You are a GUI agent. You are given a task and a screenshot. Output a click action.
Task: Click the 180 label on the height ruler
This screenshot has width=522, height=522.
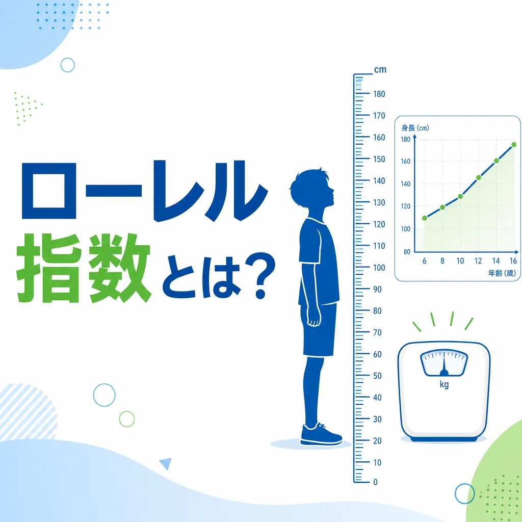click(379, 94)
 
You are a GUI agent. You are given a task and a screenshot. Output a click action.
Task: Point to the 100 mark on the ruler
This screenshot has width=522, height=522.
click(379, 268)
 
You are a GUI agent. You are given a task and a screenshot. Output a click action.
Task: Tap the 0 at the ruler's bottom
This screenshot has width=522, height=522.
click(376, 482)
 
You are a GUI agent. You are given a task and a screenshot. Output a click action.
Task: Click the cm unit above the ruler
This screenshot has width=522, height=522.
click(380, 70)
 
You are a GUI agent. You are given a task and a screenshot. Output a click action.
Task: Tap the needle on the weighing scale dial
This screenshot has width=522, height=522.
click(443, 366)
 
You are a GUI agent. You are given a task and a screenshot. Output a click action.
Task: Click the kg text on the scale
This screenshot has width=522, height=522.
click(443, 385)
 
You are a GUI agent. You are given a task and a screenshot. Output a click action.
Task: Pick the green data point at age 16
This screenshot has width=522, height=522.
click(514, 145)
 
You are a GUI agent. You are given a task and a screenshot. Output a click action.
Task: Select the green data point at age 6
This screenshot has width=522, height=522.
click(425, 218)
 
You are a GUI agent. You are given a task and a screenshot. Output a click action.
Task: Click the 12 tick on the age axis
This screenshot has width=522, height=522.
click(478, 261)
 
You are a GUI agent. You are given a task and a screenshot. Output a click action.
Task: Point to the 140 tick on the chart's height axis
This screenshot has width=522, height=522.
click(406, 184)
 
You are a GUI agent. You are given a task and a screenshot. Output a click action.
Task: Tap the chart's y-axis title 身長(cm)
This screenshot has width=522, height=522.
click(415, 128)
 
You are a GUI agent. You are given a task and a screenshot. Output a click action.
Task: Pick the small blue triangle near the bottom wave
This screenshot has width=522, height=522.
click(165, 463)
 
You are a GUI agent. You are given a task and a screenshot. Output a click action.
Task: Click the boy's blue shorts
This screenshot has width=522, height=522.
click(320, 329)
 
